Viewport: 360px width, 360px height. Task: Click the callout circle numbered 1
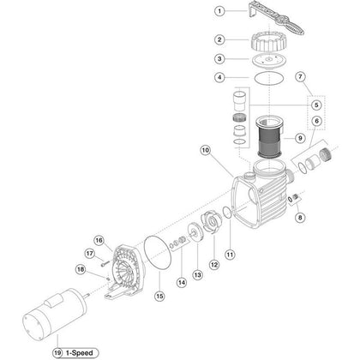195,11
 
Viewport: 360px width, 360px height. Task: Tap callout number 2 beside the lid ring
195,39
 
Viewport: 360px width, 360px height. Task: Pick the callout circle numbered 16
99,240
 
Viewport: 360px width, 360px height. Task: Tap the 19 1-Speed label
72,351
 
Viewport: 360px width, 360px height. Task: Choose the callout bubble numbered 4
195,77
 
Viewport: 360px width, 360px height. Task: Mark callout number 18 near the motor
80,269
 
